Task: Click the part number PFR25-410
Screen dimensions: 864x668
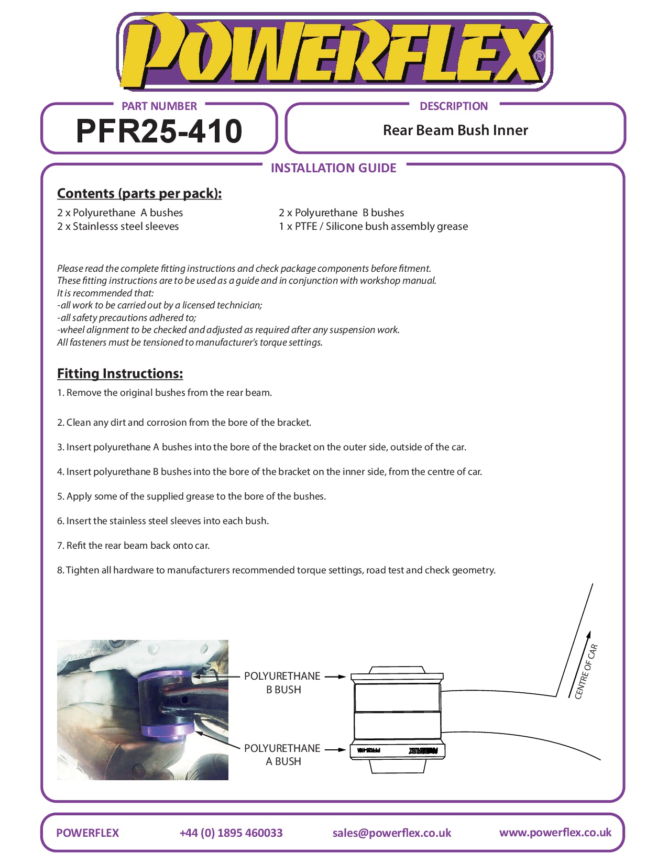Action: click(159, 131)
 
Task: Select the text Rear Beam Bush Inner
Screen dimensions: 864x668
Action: click(455, 130)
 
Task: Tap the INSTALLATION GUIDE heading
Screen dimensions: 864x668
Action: click(333, 168)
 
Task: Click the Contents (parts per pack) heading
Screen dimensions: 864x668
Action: click(139, 193)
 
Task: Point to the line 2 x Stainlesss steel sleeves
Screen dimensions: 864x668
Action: click(118, 226)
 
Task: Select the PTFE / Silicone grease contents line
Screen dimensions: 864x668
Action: click(373, 226)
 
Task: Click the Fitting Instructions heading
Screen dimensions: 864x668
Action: click(120, 373)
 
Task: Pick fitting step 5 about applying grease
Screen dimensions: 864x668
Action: click(191, 496)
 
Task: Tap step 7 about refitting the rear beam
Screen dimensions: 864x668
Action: click(133, 545)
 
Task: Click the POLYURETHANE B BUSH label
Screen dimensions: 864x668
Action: click(282, 682)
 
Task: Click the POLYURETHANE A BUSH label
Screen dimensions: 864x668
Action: click(282, 755)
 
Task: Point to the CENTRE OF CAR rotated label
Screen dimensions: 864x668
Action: click(586, 671)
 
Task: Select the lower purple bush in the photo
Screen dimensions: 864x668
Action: click(168, 729)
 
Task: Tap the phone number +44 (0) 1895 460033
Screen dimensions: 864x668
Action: click(231, 833)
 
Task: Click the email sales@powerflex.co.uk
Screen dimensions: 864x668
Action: click(391, 833)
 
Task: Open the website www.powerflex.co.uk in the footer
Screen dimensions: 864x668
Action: click(555, 832)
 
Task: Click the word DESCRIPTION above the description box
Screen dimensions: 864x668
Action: click(453, 106)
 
